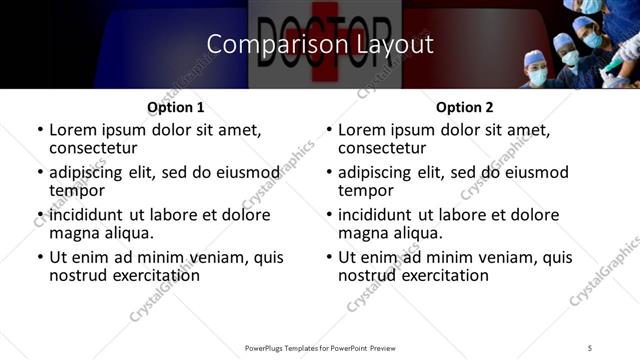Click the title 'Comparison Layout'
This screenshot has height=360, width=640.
click(x=320, y=44)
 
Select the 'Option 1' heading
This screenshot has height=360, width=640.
click(x=175, y=107)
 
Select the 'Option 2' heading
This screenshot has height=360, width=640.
click(x=464, y=107)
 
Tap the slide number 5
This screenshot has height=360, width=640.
click(x=591, y=347)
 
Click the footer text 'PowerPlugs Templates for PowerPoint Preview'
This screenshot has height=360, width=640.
click(x=319, y=347)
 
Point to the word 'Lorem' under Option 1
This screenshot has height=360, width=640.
click(x=74, y=130)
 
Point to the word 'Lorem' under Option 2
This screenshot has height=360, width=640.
click(x=363, y=130)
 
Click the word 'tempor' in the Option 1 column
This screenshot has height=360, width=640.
click(x=77, y=190)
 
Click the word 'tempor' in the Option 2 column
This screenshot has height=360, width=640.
click(x=366, y=190)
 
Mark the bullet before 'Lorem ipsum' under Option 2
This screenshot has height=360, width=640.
click(x=328, y=130)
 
